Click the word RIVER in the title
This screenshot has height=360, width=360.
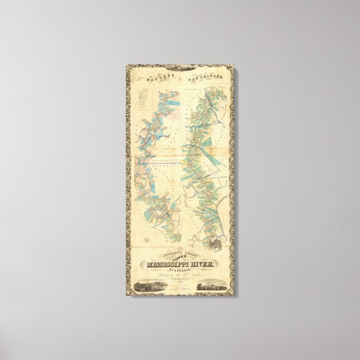[x=202, y=264]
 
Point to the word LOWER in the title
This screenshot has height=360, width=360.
[x=181, y=258]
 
